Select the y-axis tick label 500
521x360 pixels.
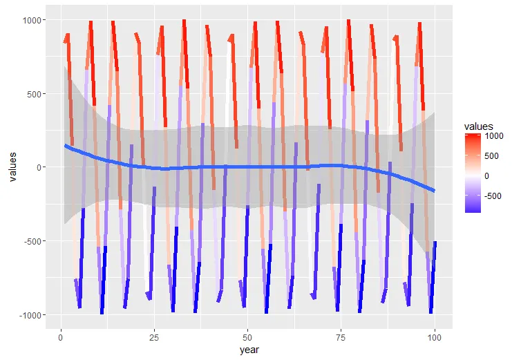pyautogui.click(x=39, y=94)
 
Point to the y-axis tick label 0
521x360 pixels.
pyautogui.click(x=44, y=167)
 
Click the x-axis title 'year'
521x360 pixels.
pyautogui.click(x=249, y=350)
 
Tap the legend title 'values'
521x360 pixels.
pyautogui.click(x=478, y=126)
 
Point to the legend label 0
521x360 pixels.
pyautogui.click(x=489, y=176)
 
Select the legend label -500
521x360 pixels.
pyautogui.click(x=495, y=196)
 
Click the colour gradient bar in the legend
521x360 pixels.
pyautogui.click(x=473, y=172)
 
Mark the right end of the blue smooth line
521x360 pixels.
pyautogui.click(x=435, y=191)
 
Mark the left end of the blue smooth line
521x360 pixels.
pyautogui.click(x=65, y=145)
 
